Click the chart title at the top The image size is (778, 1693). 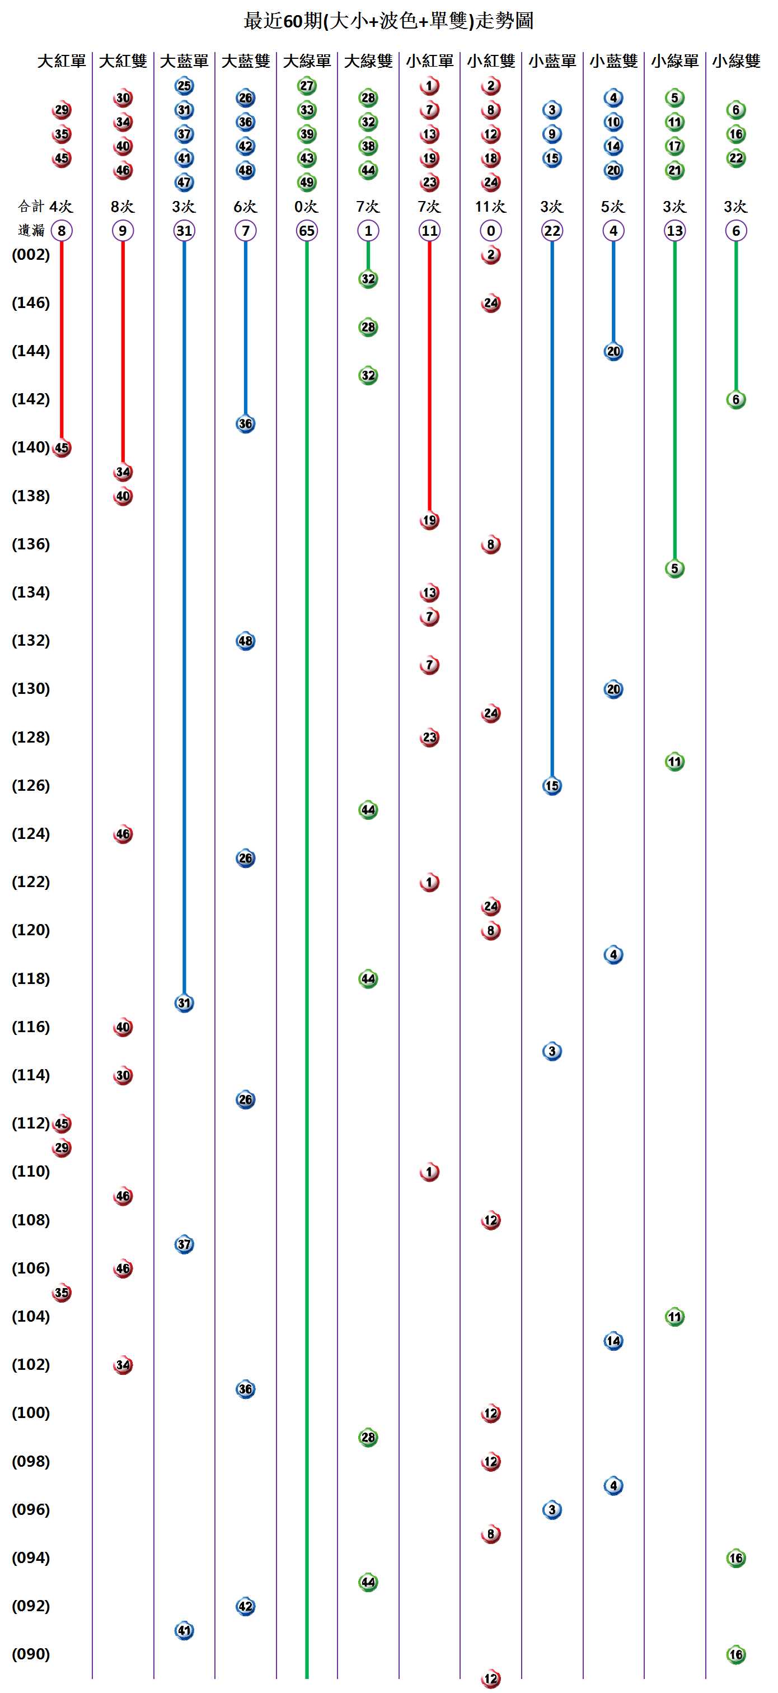[388, 21]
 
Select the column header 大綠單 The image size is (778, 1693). [307, 61]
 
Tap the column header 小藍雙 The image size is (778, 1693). [613, 61]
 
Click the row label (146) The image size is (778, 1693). [31, 303]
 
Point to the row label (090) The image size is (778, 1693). [31, 1654]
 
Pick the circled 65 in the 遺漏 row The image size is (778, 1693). [307, 231]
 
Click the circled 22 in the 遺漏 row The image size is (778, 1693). [552, 231]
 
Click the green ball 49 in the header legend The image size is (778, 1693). [307, 183]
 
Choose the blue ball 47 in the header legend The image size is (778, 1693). [184, 183]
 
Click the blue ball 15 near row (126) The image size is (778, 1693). [552, 786]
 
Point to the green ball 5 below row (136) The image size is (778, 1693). [675, 568]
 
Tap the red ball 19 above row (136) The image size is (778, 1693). [429, 520]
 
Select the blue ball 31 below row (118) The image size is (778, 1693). [184, 1003]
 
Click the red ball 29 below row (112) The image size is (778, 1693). [62, 1148]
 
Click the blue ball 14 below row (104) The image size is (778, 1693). [613, 1341]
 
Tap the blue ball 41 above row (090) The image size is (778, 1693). [184, 1631]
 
